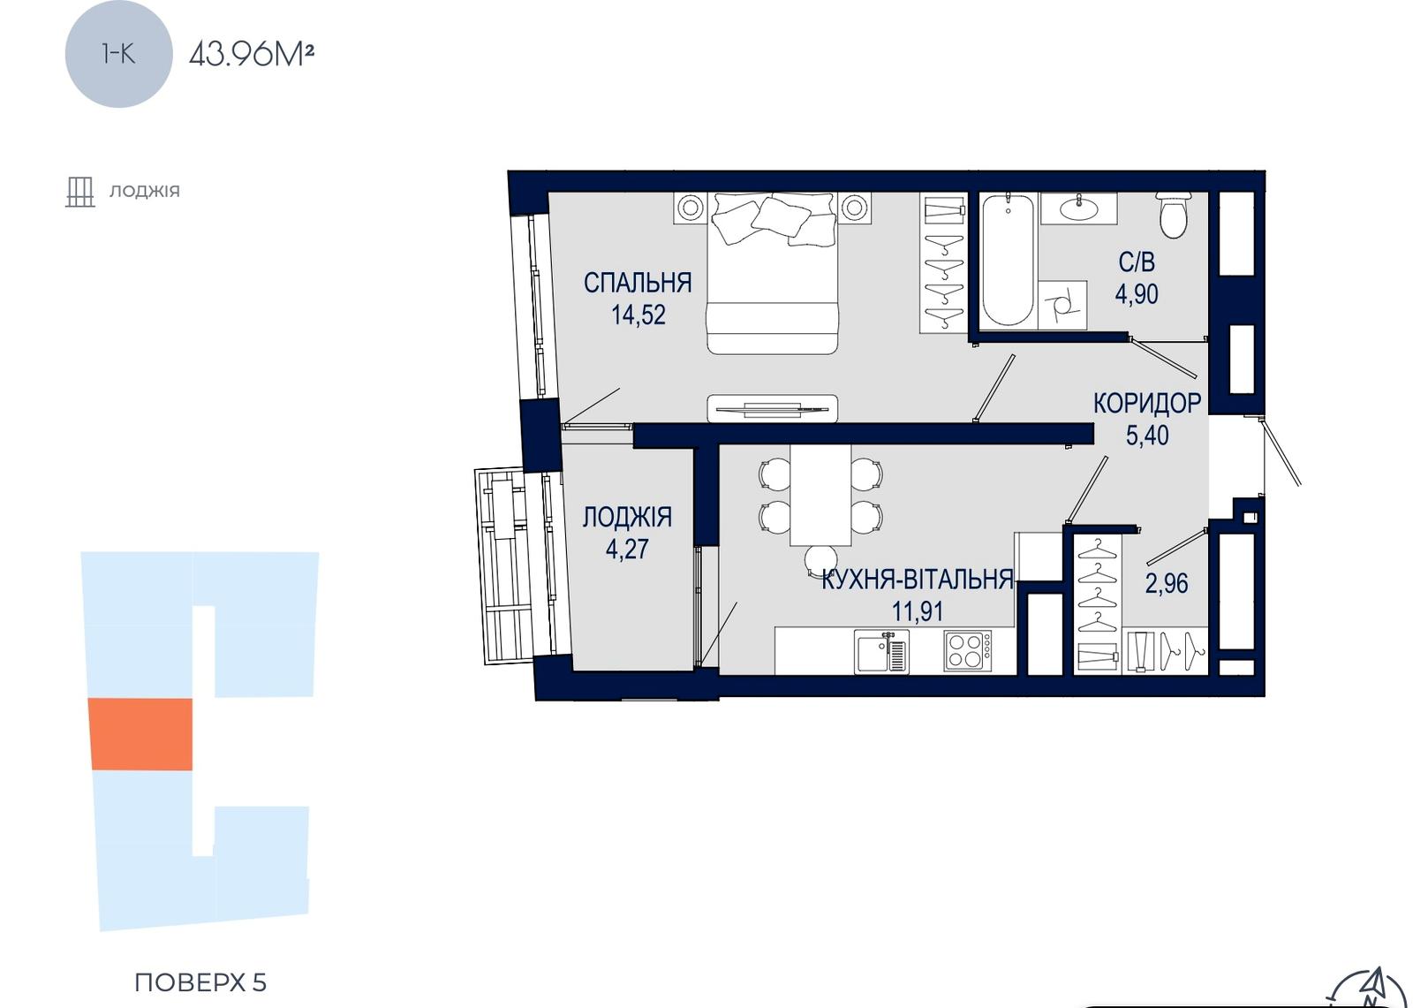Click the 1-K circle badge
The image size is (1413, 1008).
coord(118,54)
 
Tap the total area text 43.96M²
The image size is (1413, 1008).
coord(252,54)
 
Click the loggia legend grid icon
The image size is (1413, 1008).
coord(80,192)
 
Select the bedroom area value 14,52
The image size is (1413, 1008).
coord(638,315)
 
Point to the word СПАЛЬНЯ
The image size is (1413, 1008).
coord(638,283)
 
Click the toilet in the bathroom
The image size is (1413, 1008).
coord(1174,216)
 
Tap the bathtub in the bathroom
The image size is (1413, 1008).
coord(1008,260)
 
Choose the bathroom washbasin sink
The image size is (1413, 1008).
coord(1078,208)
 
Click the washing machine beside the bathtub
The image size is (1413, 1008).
coord(1062,305)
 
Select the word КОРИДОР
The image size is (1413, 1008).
coord(1147,404)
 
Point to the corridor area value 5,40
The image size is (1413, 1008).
coord(1147,435)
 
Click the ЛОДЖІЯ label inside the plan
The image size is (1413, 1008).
coord(627,517)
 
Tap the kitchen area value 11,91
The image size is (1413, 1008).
coord(918,610)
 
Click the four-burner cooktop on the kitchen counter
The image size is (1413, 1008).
coord(968,651)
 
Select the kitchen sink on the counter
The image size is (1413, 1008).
coord(882,651)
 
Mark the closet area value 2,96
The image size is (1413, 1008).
coord(1167,583)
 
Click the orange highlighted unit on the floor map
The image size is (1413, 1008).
coord(140,734)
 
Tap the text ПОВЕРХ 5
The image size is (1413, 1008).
coord(200,982)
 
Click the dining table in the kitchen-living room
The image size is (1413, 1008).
coord(820,495)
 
